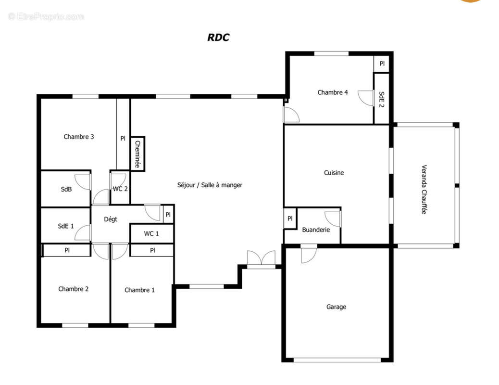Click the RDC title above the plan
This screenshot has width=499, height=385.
[218, 37]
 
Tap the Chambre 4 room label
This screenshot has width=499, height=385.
[333, 92]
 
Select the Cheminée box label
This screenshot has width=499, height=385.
[137, 154]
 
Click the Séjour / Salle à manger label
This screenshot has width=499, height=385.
[210, 185]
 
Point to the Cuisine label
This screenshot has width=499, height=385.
[334, 173]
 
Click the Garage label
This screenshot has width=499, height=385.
[336, 307]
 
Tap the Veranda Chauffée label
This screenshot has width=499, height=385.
[424, 189]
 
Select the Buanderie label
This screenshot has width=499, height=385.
[316, 230]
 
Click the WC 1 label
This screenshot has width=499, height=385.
[151, 233]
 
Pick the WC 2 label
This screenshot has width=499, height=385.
[120, 189]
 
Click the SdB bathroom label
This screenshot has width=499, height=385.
[66, 189]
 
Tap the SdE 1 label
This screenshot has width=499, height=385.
[66, 226]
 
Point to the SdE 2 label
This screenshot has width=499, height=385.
[382, 100]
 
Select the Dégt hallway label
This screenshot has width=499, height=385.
[111, 219]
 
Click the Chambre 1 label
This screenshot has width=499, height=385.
[139, 290]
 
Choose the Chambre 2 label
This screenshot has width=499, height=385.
[73, 289]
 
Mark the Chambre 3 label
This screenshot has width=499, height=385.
[79, 137]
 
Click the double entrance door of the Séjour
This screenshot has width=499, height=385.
[261, 258]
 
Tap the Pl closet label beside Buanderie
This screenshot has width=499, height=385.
[290, 218]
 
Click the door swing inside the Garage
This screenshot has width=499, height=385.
[309, 255]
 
